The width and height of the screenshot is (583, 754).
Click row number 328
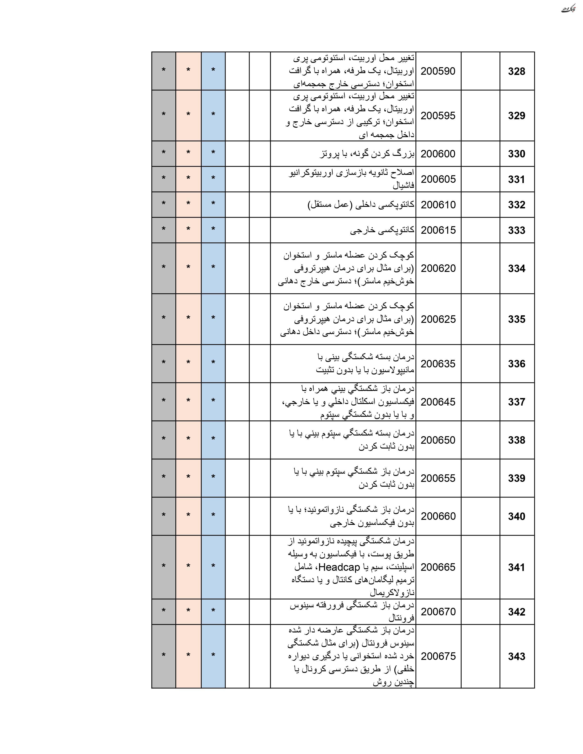click(516, 72)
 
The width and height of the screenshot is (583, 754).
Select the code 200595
click(438, 116)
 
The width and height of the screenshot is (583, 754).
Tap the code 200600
click(438, 154)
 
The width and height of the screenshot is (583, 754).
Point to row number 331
click(516, 179)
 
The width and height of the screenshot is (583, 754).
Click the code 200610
click(438, 205)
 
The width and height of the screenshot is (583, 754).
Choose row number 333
click(516, 230)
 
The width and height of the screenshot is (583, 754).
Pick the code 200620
click(438, 268)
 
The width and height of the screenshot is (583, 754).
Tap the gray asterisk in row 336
click(163, 363)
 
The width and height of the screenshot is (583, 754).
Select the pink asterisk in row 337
click(188, 401)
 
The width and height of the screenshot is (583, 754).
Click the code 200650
click(438, 440)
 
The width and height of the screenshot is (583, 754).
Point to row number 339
click(516, 478)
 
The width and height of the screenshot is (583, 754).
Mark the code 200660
click(438, 516)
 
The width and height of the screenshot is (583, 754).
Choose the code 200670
click(438, 611)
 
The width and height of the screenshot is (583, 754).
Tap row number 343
click(516, 656)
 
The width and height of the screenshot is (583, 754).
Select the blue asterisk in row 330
click(213, 153)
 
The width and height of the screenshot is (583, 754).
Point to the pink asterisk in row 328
click(188, 70)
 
